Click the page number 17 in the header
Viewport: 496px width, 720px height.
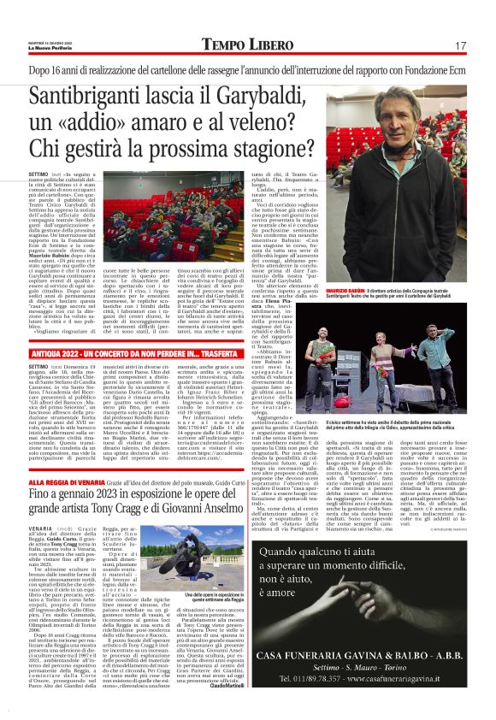[460, 45]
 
